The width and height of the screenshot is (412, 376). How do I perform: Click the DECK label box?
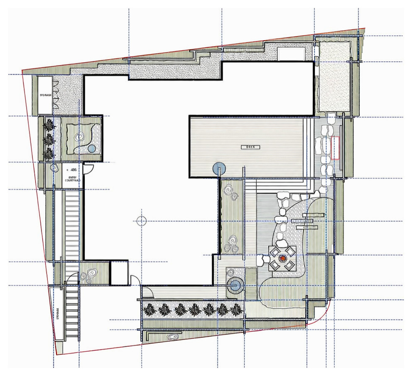250,147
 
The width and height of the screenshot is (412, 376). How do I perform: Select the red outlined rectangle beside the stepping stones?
336,148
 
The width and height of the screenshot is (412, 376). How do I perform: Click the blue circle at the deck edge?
219,168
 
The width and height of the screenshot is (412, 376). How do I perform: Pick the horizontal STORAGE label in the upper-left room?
45,95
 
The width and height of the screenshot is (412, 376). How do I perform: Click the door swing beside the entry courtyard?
88,168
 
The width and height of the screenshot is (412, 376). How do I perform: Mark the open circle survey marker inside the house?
142,221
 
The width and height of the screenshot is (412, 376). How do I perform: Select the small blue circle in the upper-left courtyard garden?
92,148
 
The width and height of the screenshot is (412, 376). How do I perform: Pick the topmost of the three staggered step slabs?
314,215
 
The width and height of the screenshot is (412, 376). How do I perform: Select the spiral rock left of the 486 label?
55,168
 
